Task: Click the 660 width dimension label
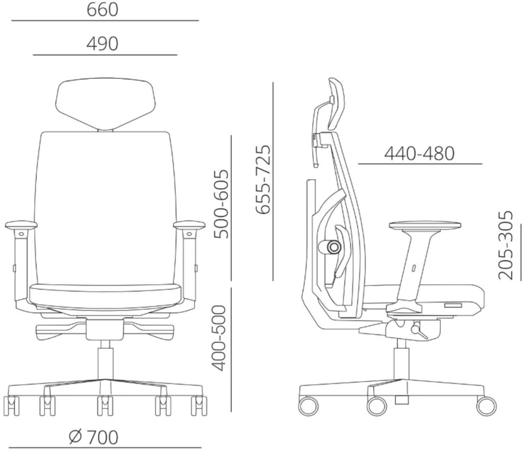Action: coord(102,10)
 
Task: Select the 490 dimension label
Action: coord(102,44)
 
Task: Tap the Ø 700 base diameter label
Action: coord(93,437)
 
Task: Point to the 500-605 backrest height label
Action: coord(221,204)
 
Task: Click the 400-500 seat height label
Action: coord(220,338)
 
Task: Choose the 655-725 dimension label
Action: coord(263,179)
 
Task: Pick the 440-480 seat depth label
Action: coord(419,154)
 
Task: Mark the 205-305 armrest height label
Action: coord(505,245)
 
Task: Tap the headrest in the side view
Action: coord(336,104)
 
